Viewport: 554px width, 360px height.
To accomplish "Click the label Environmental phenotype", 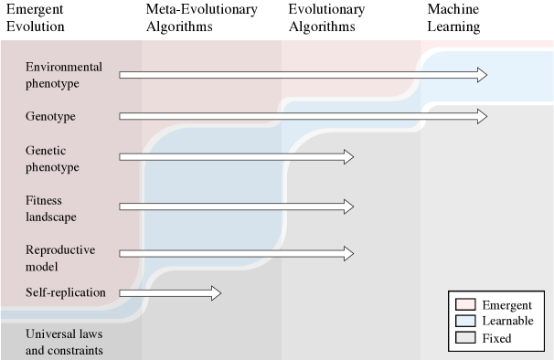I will pos(64,75).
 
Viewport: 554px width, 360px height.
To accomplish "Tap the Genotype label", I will pos(50,117).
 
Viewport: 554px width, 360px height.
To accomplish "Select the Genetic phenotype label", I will pos(53,158).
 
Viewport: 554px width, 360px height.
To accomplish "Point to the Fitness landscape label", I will pos(51,208).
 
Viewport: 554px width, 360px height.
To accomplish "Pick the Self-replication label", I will pos(66,292).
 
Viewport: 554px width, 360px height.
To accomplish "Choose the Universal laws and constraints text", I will pos(64,342).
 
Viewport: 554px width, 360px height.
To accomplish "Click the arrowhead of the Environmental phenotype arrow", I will pos(481,75).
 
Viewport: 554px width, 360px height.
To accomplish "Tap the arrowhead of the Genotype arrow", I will pos(481,116).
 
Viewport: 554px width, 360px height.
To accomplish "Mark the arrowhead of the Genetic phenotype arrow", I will pos(348,157).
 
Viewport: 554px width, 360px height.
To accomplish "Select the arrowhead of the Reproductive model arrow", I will pos(348,252).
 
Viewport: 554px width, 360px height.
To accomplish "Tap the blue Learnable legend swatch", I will pos(464,321).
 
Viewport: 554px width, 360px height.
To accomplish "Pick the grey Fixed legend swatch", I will pos(464,338).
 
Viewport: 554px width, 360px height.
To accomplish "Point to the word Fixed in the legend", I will pos(497,338).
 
